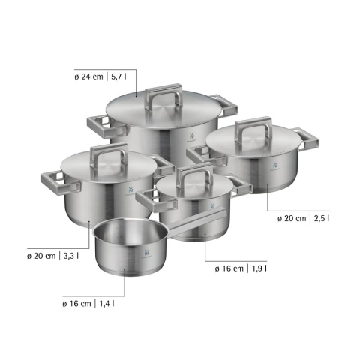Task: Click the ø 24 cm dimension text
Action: pos(88,76)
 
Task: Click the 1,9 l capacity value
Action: pos(259,268)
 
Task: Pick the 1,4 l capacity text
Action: pos(107,304)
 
